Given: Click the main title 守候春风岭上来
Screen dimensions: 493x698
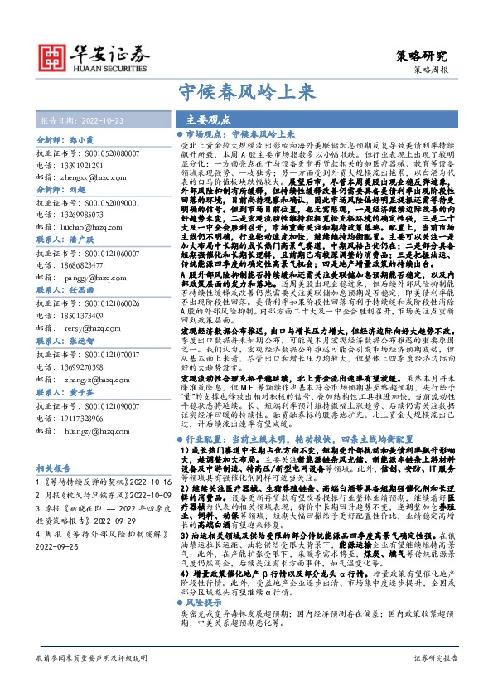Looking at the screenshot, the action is pos(246,90).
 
